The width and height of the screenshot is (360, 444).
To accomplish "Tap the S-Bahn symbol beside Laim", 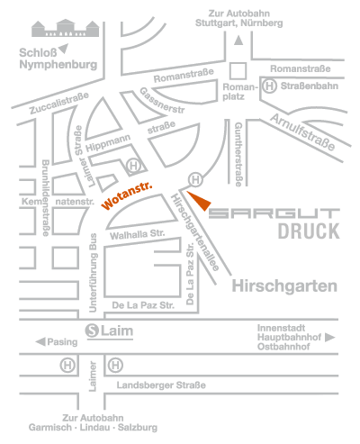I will pos(93,331).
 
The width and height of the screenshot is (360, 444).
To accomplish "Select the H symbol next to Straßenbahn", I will pos(269,88).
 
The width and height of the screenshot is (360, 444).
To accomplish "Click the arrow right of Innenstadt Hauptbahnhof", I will pos(329,338).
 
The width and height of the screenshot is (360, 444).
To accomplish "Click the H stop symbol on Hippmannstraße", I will pos(133,165).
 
